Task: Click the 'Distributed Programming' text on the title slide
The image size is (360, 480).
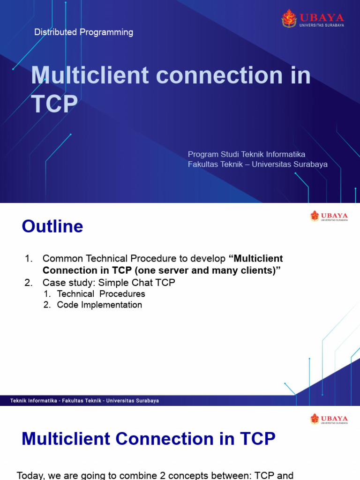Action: (x=84, y=32)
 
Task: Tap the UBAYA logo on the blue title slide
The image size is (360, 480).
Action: (x=313, y=19)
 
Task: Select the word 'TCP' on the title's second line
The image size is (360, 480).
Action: (x=54, y=104)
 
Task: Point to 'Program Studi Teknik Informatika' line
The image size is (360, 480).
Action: (x=247, y=154)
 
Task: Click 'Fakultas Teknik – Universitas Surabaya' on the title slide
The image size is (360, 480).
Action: (x=257, y=165)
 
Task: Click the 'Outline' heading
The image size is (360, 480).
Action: (x=52, y=227)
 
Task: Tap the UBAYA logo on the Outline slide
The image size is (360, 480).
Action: (x=329, y=216)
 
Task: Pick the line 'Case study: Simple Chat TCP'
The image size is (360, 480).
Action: (x=109, y=283)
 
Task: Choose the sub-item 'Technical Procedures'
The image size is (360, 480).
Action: (x=101, y=294)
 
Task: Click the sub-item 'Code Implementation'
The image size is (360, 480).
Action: (x=99, y=305)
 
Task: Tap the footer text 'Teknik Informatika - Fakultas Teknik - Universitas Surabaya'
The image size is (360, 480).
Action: (x=84, y=401)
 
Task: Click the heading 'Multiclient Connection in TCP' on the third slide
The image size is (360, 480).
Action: (x=149, y=439)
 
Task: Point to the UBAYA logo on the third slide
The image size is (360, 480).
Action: (x=329, y=419)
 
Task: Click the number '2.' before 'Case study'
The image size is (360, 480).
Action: (x=28, y=283)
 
